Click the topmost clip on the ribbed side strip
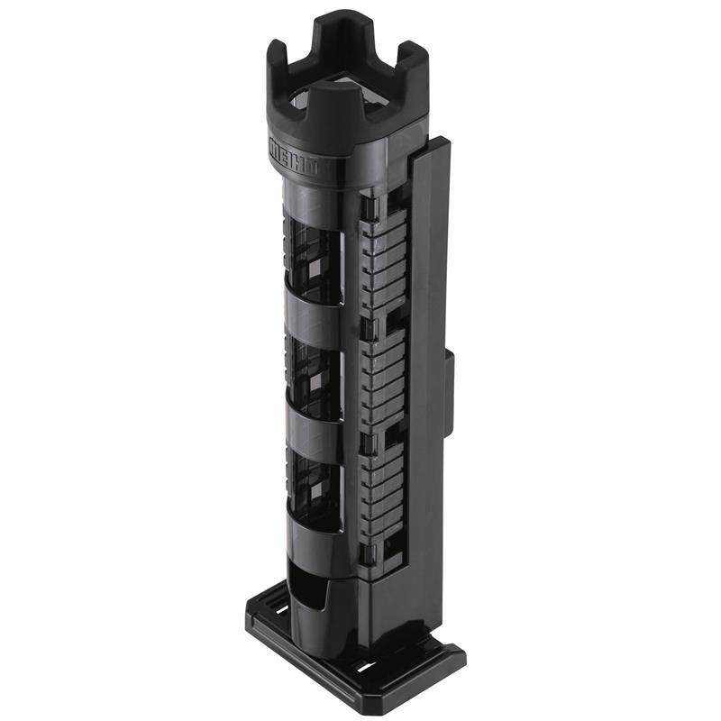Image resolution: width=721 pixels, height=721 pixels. coord(367,210)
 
